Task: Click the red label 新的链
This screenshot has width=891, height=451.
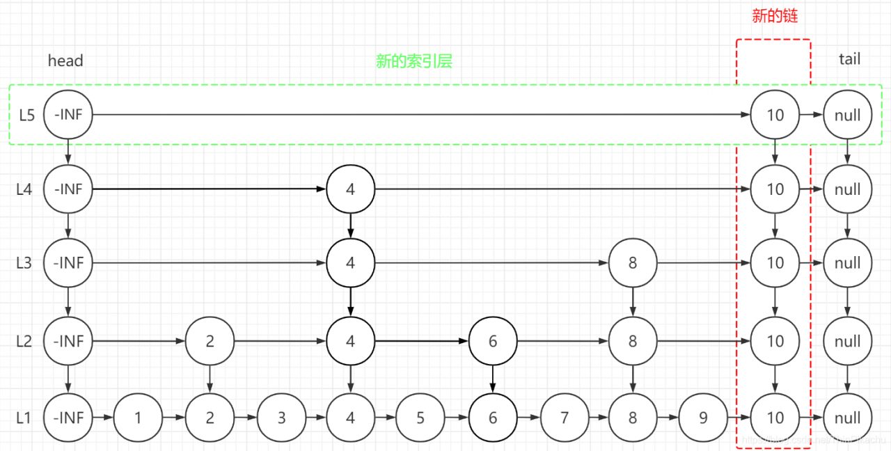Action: point(775,17)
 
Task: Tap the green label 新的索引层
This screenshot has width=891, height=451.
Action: point(414,61)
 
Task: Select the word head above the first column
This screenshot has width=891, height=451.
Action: point(65,61)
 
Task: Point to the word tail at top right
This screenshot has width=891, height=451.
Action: point(849,59)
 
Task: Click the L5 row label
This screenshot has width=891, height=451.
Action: point(26,116)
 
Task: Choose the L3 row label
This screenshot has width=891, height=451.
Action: point(24,263)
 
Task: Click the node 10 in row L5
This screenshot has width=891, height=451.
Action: point(775,116)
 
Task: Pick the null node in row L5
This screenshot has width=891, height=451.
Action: point(847,116)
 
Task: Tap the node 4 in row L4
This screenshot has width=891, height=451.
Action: point(350,189)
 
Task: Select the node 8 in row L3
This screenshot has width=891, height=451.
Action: point(632,263)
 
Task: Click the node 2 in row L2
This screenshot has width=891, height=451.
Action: point(210,341)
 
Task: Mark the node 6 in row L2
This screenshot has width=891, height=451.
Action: point(493,341)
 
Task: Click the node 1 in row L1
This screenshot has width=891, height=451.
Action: point(138,418)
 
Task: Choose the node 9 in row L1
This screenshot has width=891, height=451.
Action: point(703,418)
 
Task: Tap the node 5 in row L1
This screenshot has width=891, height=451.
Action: point(420,418)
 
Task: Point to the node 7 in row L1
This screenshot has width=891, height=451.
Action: point(564,418)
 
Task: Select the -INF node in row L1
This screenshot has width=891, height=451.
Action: point(68,418)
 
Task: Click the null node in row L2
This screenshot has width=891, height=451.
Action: point(847,341)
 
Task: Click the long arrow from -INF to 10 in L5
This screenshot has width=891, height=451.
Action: point(418,115)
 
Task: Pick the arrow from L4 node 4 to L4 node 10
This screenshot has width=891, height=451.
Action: point(557,189)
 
